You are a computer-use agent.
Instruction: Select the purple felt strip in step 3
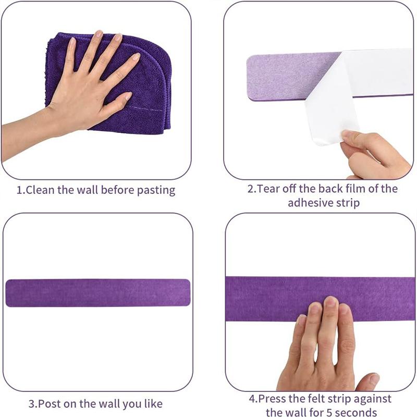tap(98, 293)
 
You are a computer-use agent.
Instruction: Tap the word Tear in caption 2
tap(268, 189)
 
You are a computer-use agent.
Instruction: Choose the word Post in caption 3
tap(50, 403)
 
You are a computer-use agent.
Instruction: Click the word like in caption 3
tap(153, 403)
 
